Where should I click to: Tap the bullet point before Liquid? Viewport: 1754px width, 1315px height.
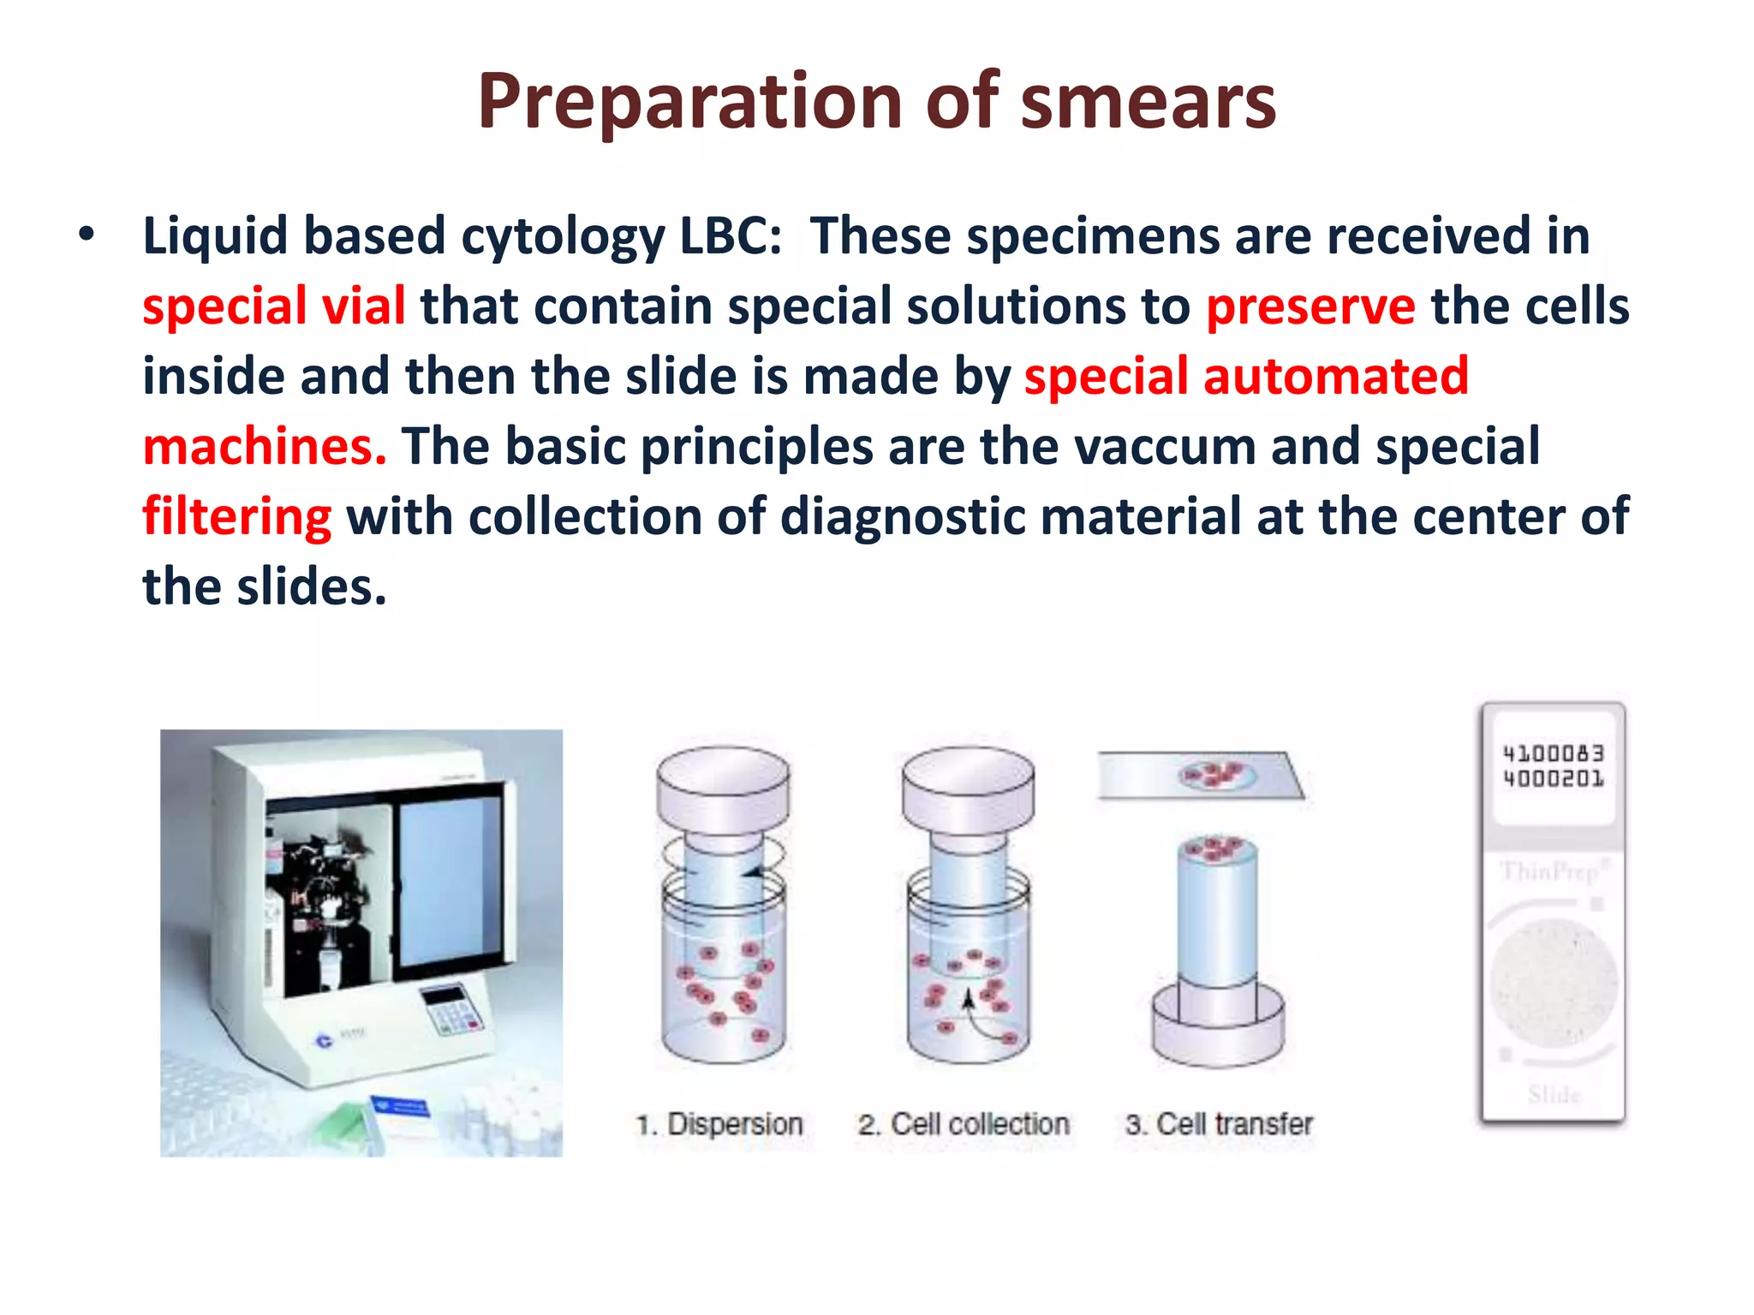(86, 234)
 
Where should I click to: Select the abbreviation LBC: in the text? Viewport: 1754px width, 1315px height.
(730, 235)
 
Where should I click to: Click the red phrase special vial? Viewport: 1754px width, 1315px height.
(273, 306)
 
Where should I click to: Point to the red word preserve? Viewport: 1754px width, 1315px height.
(1310, 306)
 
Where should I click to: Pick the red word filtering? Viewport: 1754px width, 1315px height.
(236, 517)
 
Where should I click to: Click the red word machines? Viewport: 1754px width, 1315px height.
(264, 447)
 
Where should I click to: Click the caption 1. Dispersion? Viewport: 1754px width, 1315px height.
(719, 1124)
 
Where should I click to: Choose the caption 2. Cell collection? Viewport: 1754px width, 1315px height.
(964, 1124)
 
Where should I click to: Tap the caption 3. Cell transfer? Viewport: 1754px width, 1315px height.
(1219, 1124)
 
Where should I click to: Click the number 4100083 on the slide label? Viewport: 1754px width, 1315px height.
(1553, 753)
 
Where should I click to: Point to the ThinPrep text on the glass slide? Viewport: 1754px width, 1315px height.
(1550, 872)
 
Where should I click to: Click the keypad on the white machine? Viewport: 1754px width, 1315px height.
(454, 1010)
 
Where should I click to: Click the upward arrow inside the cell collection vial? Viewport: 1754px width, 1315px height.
(968, 1000)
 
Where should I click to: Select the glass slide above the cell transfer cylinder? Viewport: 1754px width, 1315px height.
(1199, 776)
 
